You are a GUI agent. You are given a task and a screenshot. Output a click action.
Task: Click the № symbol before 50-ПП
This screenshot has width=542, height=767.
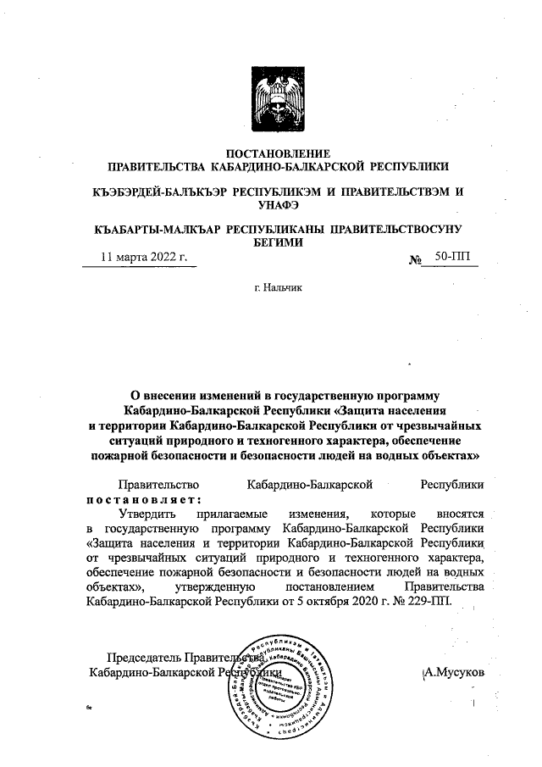click(415, 258)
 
